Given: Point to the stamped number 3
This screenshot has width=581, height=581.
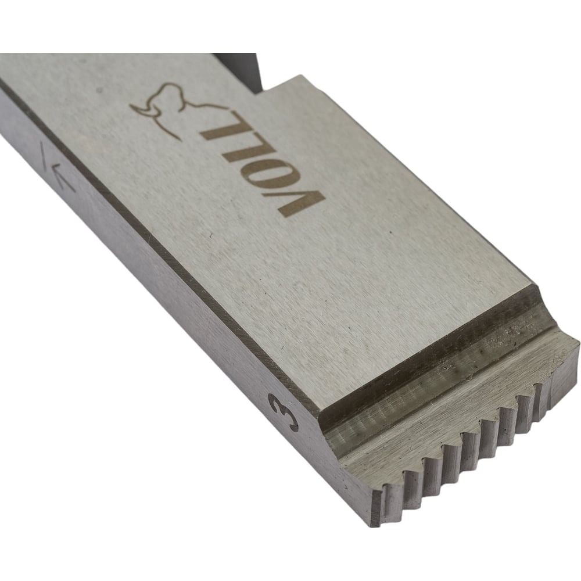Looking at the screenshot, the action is tap(284, 413).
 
